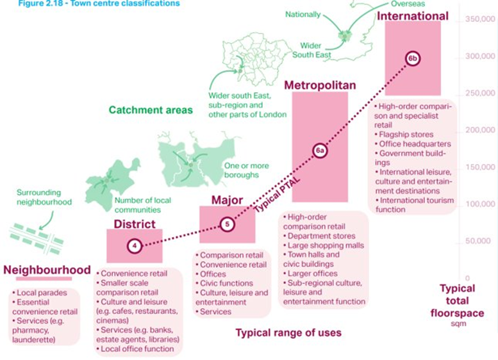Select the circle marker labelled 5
click(x=226, y=224)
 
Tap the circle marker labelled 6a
click(x=320, y=151)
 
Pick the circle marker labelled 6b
click(x=413, y=58)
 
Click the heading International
click(x=413, y=15)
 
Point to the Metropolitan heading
click(x=320, y=85)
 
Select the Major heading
click(x=227, y=200)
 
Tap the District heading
click(x=135, y=224)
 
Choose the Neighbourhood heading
click(x=47, y=270)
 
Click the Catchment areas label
click(x=151, y=110)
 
